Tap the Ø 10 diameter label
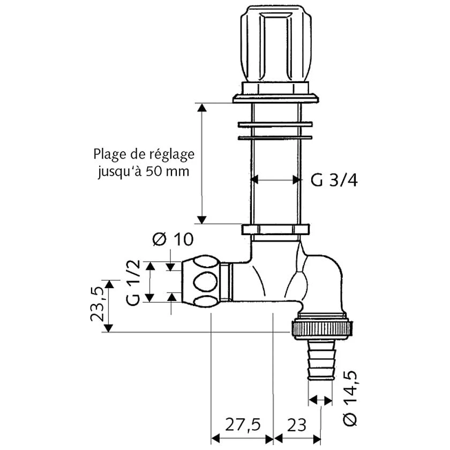[172, 239]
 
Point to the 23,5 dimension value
[97, 305]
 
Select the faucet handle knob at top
[275, 46]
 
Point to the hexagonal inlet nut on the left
[201, 281]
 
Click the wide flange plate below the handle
[276, 97]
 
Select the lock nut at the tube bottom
[275, 230]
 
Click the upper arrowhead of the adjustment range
[201, 107]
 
